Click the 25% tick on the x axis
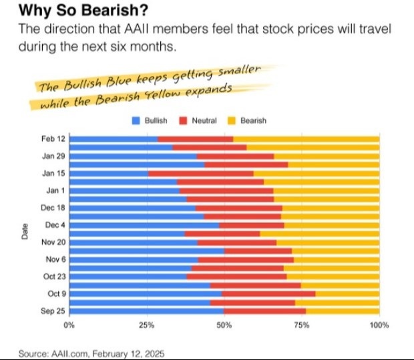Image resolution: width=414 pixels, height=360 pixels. click(146, 325)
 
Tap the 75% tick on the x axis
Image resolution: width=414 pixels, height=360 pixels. click(301, 325)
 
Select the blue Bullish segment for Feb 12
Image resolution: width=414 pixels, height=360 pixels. click(114, 139)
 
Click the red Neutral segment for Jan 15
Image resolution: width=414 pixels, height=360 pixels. click(200, 173)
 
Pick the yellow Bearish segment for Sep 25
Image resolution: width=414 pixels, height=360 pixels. click(342, 311)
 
